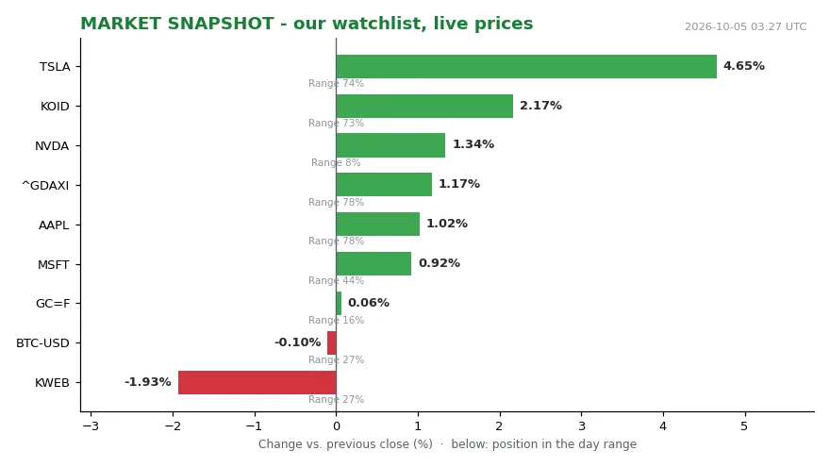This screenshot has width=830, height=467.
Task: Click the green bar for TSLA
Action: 526,67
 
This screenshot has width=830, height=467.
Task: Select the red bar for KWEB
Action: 257,382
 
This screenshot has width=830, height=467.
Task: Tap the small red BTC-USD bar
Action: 332,343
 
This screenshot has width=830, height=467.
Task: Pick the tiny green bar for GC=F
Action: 339,304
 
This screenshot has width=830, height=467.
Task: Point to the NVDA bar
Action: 390,145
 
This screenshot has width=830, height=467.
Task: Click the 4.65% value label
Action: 744,66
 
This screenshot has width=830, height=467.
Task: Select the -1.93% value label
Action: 148,382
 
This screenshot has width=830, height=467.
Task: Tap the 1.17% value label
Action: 459,184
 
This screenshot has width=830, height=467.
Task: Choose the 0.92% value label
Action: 440,263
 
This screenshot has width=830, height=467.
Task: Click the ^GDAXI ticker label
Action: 45,186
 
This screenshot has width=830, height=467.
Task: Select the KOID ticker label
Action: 55,107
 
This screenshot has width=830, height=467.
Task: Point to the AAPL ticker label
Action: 54,225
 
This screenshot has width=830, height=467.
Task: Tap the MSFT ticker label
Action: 54,265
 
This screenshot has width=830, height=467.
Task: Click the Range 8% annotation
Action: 336,162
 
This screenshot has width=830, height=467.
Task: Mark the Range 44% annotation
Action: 336,280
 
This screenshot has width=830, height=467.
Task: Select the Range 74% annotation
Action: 336,84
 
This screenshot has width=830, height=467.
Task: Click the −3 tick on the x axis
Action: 91,426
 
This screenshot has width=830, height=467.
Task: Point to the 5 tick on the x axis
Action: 744,426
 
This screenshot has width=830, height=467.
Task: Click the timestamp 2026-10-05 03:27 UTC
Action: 745,26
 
